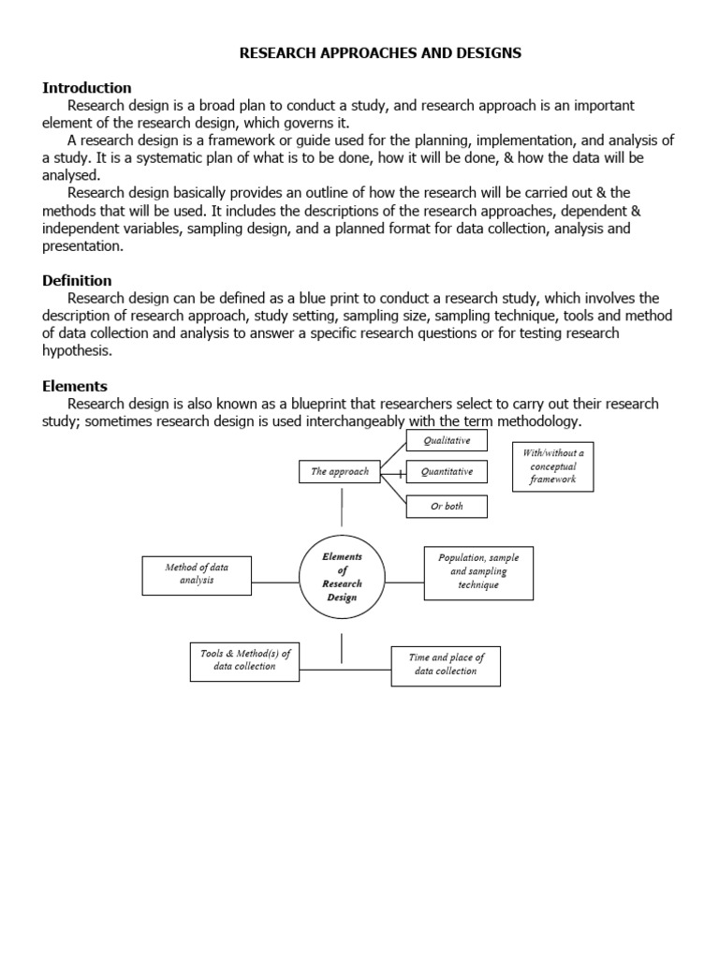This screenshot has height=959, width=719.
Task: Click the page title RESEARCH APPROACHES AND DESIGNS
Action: pyautogui.click(x=380, y=53)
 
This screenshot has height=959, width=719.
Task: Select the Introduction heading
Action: pyautogui.click(x=87, y=88)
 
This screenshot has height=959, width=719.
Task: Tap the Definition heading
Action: pyautogui.click(x=77, y=280)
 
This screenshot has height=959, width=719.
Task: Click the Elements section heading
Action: pyautogui.click(x=75, y=386)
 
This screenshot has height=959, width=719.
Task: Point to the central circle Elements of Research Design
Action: pyautogui.click(x=342, y=577)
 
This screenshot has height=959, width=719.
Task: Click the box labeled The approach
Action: pyautogui.click(x=340, y=472)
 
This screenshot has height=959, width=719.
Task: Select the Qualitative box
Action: pyautogui.click(x=446, y=440)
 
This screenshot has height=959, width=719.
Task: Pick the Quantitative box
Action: pyautogui.click(x=446, y=472)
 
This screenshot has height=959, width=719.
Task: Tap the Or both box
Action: pyautogui.click(x=446, y=507)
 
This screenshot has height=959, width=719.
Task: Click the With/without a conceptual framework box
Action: pyautogui.click(x=552, y=465)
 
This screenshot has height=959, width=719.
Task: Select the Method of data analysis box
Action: pyautogui.click(x=197, y=574)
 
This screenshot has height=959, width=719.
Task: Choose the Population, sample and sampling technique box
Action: pyautogui.click(x=478, y=571)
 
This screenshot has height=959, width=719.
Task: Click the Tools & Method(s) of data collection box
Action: pyautogui.click(x=243, y=660)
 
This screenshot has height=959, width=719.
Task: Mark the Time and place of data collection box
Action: pyautogui.click(x=446, y=665)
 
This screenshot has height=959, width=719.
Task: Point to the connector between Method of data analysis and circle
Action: pyautogui.click(x=274, y=582)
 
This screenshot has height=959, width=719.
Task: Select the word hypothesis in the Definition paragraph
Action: pyautogui.click(x=77, y=350)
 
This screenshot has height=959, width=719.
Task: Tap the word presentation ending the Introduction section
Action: pyautogui.click(x=82, y=245)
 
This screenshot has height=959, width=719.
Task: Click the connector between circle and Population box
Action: pyautogui.click(x=404, y=582)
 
